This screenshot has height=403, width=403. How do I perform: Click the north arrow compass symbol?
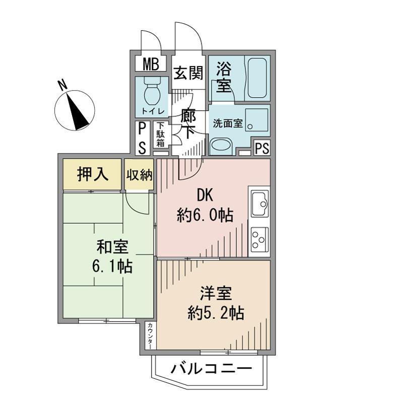coord(74,108)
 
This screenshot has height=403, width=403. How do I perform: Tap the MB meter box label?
coord(150,64)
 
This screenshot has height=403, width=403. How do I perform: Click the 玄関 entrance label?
coord(189,74)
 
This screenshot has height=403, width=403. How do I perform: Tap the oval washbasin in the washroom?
coord(220,146)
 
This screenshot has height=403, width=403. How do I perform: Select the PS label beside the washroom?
coord(262,149)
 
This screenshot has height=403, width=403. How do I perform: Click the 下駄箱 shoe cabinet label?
coord(160,135)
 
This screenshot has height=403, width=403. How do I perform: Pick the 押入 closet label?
coord(92,174)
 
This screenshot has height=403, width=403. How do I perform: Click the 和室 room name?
coord(112,248)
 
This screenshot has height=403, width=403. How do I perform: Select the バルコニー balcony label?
coord(210,369)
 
